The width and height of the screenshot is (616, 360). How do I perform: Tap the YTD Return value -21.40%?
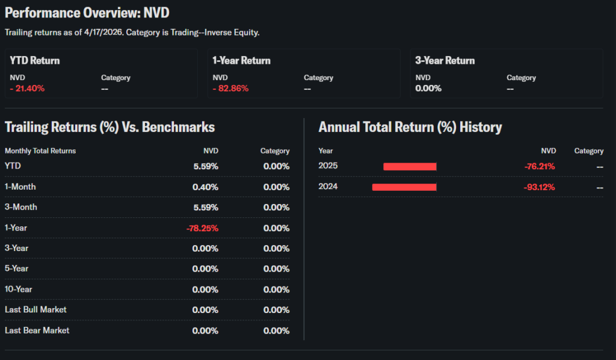[x=27, y=88]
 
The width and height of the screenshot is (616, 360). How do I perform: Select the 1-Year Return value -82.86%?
[x=230, y=88]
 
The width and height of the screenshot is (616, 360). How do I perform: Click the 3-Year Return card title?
[x=445, y=61]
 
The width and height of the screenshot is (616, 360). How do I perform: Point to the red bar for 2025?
[x=410, y=167]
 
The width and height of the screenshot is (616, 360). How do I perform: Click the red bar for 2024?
[x=404, y=187]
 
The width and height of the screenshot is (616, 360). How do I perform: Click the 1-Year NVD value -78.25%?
[x=202, y=228]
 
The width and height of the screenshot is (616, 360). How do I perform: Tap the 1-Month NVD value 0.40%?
[x=205, y=187]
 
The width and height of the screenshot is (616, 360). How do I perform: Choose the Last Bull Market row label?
[x=35, y=310]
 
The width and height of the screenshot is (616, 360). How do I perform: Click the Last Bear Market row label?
[x=37, y=331]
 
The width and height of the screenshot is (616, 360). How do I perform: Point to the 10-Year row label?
[x=18, y=290]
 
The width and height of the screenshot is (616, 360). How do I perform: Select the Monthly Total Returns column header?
[x=40, y=151]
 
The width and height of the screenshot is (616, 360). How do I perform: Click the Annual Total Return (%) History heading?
[x=410, y=127]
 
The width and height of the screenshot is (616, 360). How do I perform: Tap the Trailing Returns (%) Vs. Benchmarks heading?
[x=109, y=127]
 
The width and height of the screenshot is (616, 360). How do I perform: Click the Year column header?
[x=325, y=151]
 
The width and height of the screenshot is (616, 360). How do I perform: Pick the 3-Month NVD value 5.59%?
[x=206, y=208]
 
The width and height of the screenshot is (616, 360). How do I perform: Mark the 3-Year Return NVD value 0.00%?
[x=428, y=88]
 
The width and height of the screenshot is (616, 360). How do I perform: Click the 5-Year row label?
[x=16, y=269]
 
